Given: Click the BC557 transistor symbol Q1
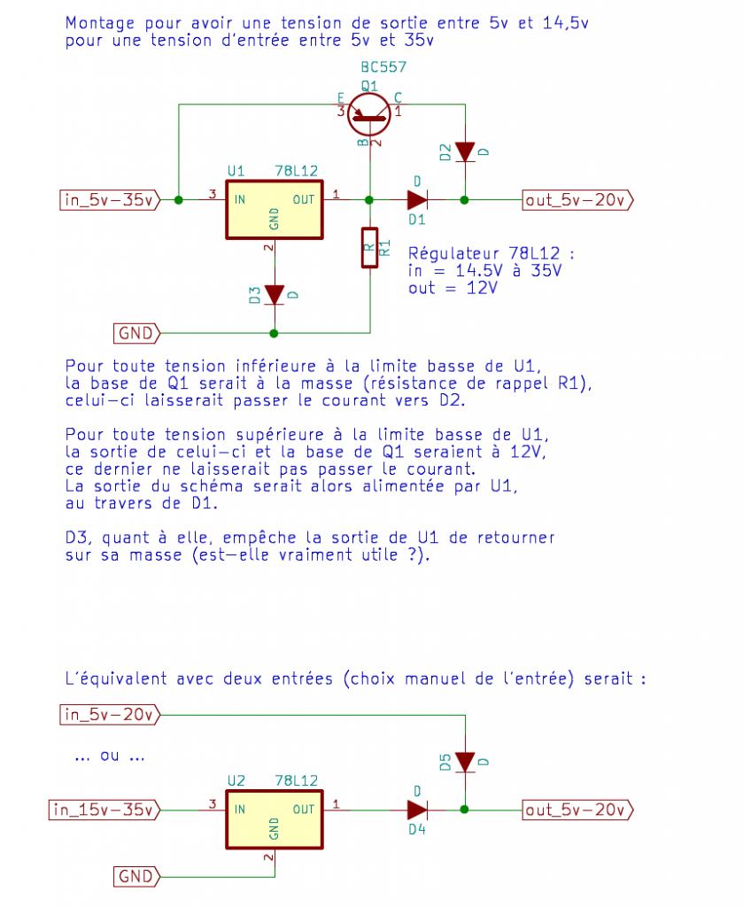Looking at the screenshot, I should pos(368,112).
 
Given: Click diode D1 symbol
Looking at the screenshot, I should pos(417,200).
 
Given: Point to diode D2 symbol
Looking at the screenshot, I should pos(464,152).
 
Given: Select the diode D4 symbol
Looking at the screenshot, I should pos(417,809).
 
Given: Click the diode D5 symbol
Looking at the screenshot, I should pos(464,762).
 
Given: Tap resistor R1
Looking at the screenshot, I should pos(369,248).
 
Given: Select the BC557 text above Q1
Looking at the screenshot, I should pos(383,68).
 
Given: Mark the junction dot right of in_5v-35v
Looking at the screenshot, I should pos(179,200).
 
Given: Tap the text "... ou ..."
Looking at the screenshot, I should pos(110,757).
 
